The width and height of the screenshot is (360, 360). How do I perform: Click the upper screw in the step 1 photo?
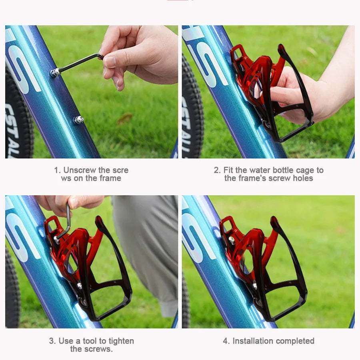pyautogui.click(x=55, y=72)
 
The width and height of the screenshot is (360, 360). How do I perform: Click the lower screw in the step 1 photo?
pyautogui.click(x=78, y=120)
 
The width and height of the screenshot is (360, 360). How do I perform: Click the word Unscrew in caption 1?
pyautogui.click(x=79, y=170)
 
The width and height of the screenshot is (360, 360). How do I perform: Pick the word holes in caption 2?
pyautogui.click(x=303, y=178)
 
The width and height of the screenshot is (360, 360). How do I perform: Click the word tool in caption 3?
pyautogui.click(x=90, y=341)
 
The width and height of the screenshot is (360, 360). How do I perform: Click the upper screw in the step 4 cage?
pyautogui.click(x=231, y=240)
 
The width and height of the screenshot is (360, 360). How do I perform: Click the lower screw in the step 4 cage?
pyautogui.click(x=255, y=285)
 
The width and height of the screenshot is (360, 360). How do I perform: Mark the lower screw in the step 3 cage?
pyautogui.click(x=80, y=285)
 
